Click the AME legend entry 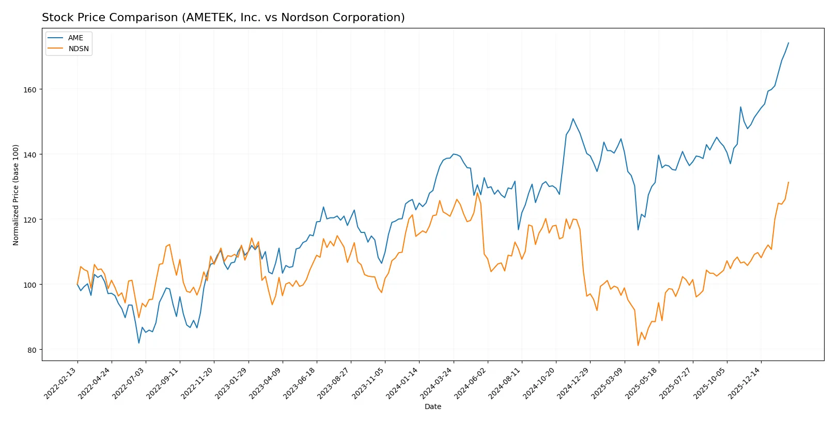[x=75, y=38]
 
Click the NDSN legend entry [x=79, y=49]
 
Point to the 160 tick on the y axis [x=30, y=90]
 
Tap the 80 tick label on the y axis [x=32, y=350]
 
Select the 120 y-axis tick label [x=30, y=220]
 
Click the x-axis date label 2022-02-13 [x=61, y=384]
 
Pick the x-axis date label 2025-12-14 [x=745, y=384]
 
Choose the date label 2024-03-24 [x=437, y=384]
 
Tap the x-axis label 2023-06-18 [x=300, y=384]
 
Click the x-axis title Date [x=432, y=407]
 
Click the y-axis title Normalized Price [x=16, y=195]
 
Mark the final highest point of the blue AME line [x=788, y=43]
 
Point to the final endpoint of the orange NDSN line [x=788, y=182]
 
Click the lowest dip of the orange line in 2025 [x=638, y=346]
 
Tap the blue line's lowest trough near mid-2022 [x=138, y=343]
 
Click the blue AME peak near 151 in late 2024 [x=573, y=119]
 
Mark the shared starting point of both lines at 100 [x=78, y=285]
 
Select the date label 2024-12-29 [x=574, y=384]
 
